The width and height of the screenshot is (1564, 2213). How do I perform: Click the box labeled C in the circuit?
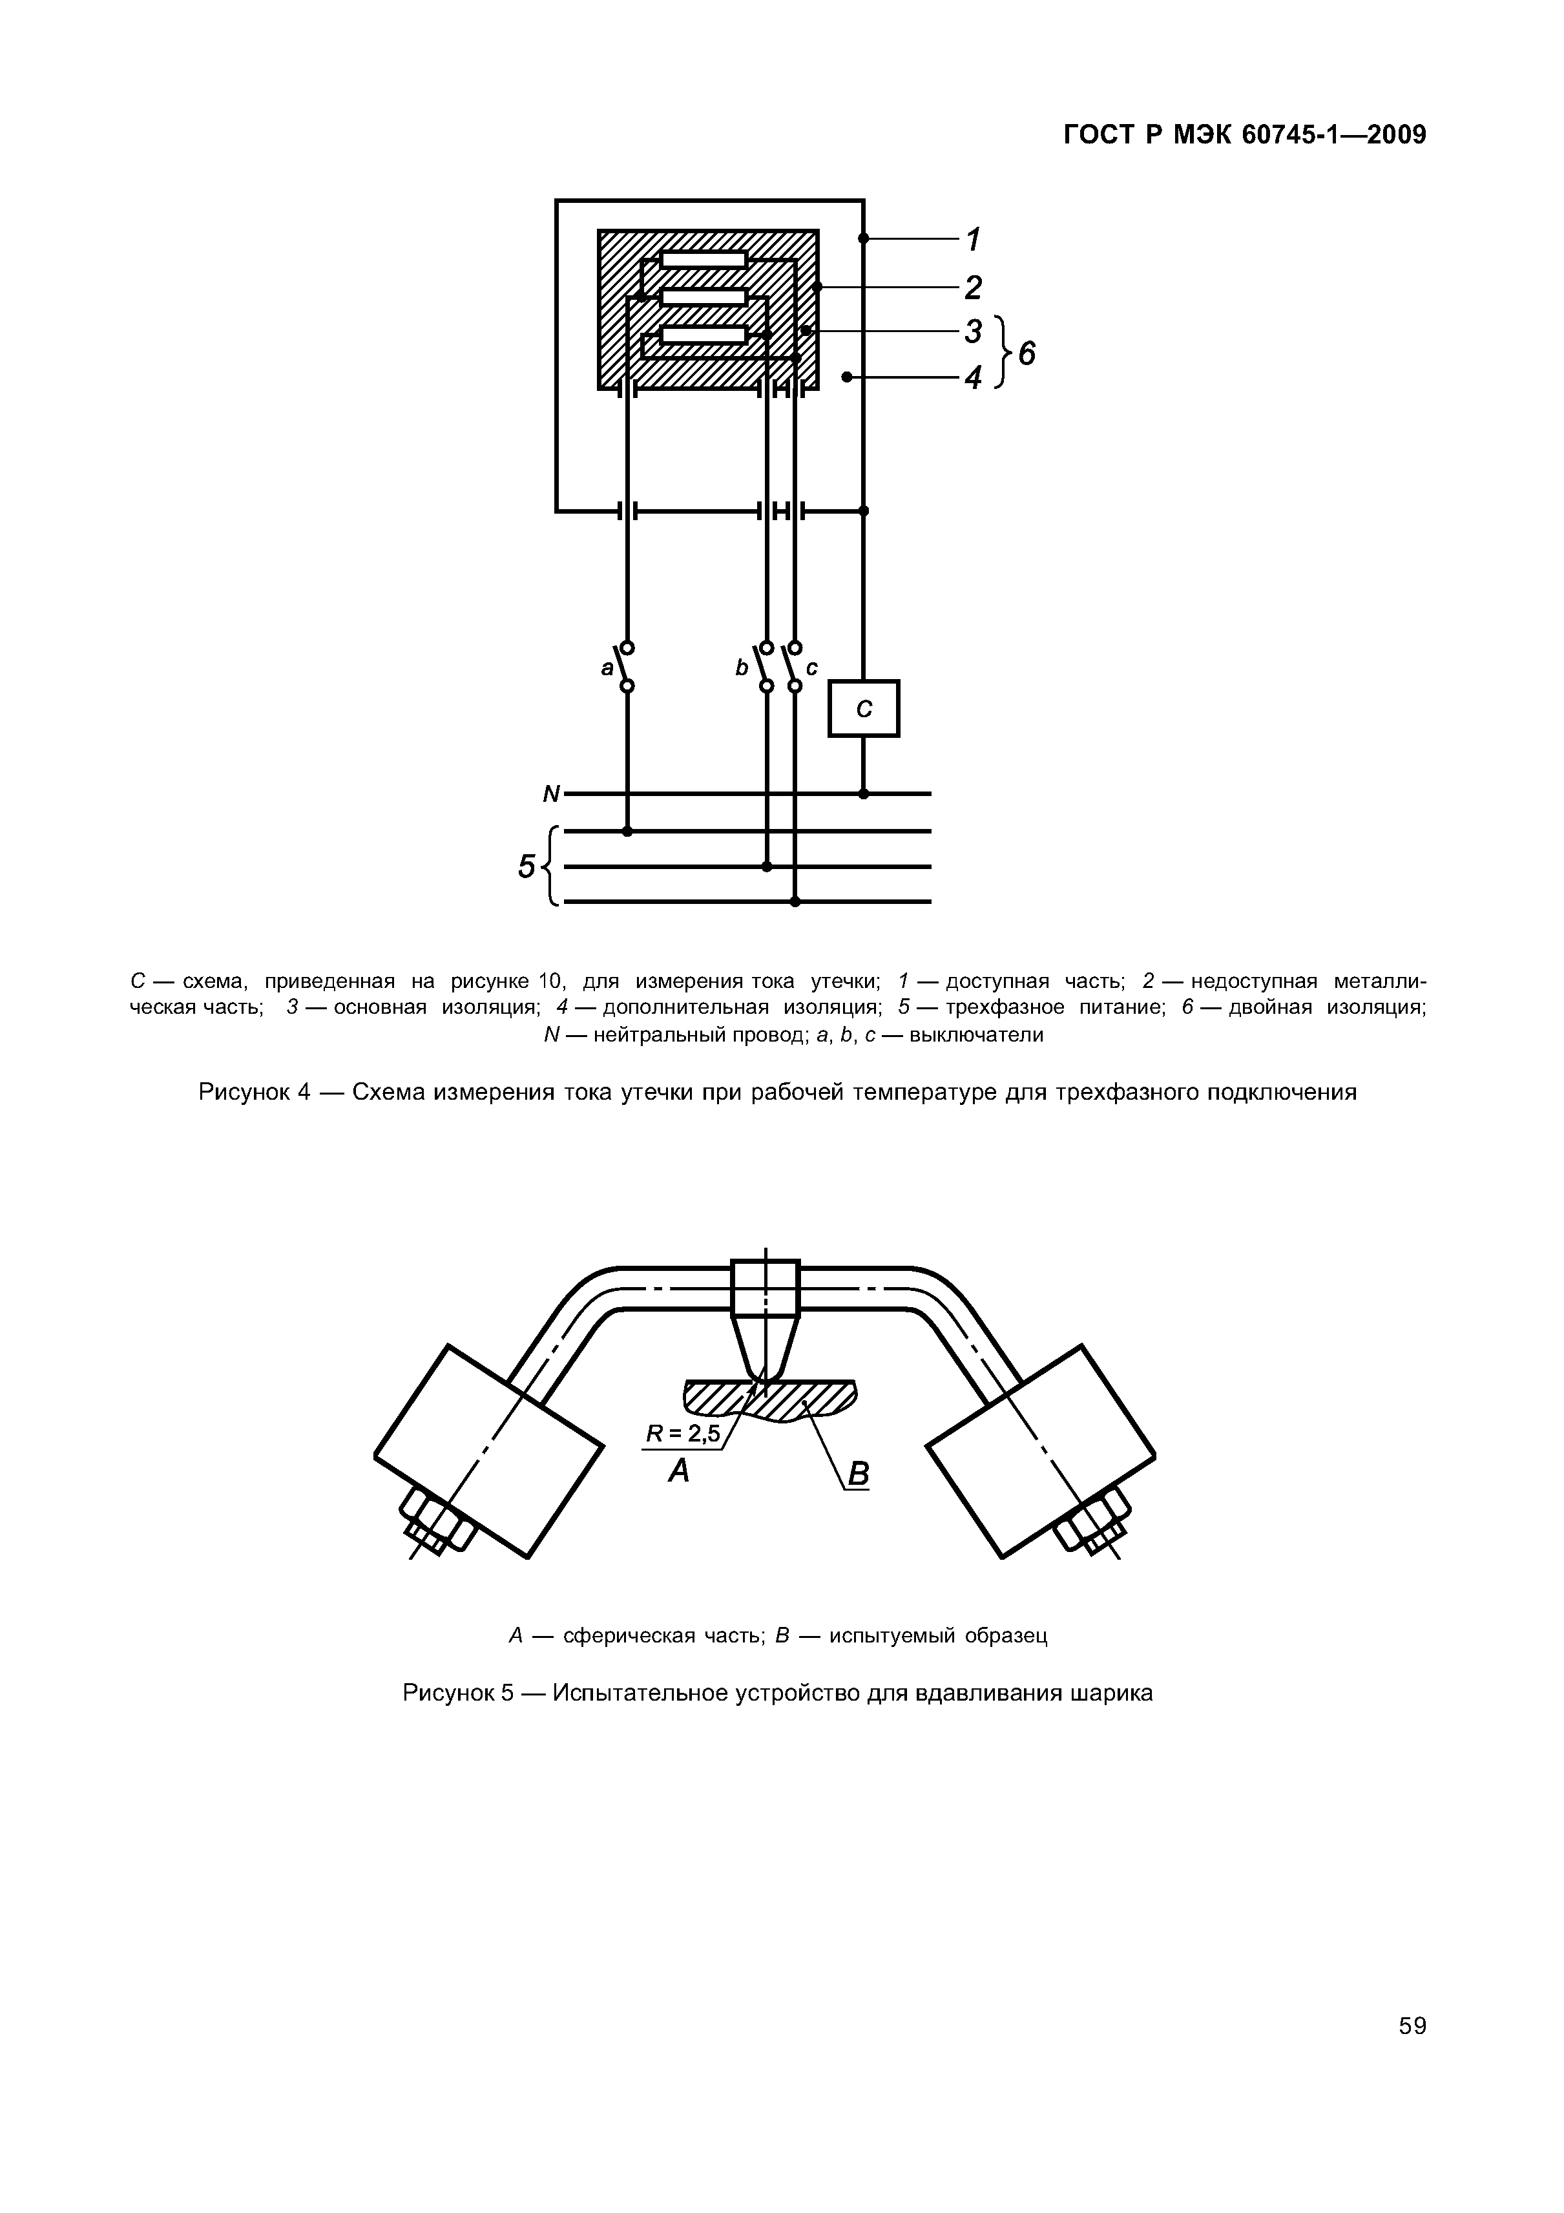(x=864, y=708)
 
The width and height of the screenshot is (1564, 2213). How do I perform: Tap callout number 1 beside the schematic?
(x=974, y=238)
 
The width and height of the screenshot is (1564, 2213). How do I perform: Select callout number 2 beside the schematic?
(x=974, y=288)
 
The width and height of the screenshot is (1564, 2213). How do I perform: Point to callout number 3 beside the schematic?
(x=974, y=331)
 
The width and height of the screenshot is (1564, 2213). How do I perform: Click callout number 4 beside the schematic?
(x=974, y=377)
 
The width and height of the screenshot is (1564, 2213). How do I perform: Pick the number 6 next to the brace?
(x=1027, y=355)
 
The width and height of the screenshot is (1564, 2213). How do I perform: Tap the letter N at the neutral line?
(x=551, y=794)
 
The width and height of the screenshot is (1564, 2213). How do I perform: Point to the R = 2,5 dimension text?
(x=682, y=1434)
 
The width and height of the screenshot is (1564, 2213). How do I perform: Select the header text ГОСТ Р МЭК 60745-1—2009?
(x=1244, y=135)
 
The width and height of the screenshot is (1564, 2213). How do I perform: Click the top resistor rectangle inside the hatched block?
(x=704, y=258)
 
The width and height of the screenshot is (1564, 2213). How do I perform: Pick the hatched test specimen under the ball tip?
(x=771, y=1400)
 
